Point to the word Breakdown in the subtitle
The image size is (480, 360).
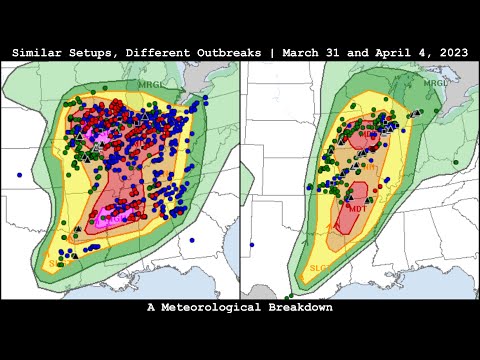click(x=299, y=308)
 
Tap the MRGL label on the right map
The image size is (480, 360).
click(x=435, y=83)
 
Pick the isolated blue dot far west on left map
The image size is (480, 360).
click(x=19, y=174)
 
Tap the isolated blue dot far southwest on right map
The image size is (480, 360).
click(x=251, y=243)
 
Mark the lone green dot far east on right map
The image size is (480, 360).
click(x=456, y=161)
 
